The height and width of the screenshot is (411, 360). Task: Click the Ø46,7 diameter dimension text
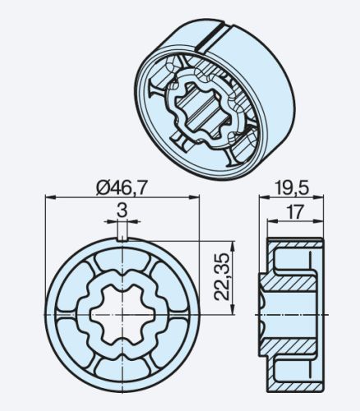click(x=122, y=187)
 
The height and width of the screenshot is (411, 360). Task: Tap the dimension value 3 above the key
click(x=122, y=211)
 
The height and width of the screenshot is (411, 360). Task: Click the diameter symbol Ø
click(x=103, y=187)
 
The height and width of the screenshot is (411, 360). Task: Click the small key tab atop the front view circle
click(x=122, y=237)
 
